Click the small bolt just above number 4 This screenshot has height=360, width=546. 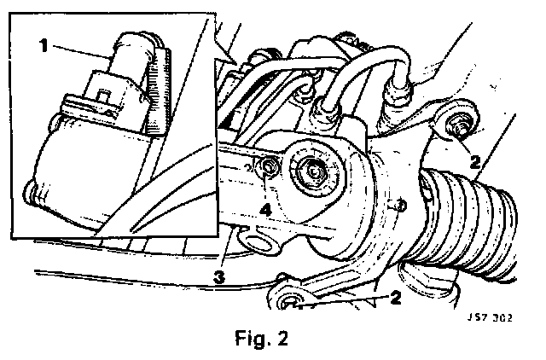tap(270, 168)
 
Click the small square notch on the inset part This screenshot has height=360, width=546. tap(103, 93)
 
